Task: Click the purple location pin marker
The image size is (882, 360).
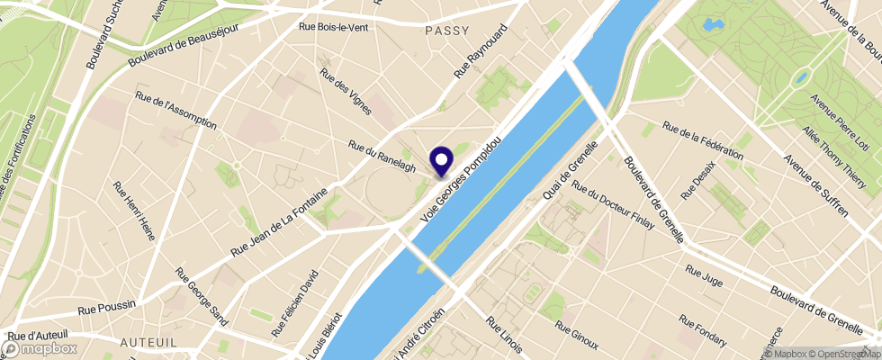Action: (442, 161)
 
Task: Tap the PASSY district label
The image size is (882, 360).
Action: (447, 30)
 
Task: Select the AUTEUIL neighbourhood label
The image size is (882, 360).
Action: (148, 343)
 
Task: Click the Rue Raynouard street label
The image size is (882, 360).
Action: (481, 50)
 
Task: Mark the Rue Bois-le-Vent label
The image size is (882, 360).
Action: (333, 27)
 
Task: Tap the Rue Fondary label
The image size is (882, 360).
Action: (703, 330)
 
